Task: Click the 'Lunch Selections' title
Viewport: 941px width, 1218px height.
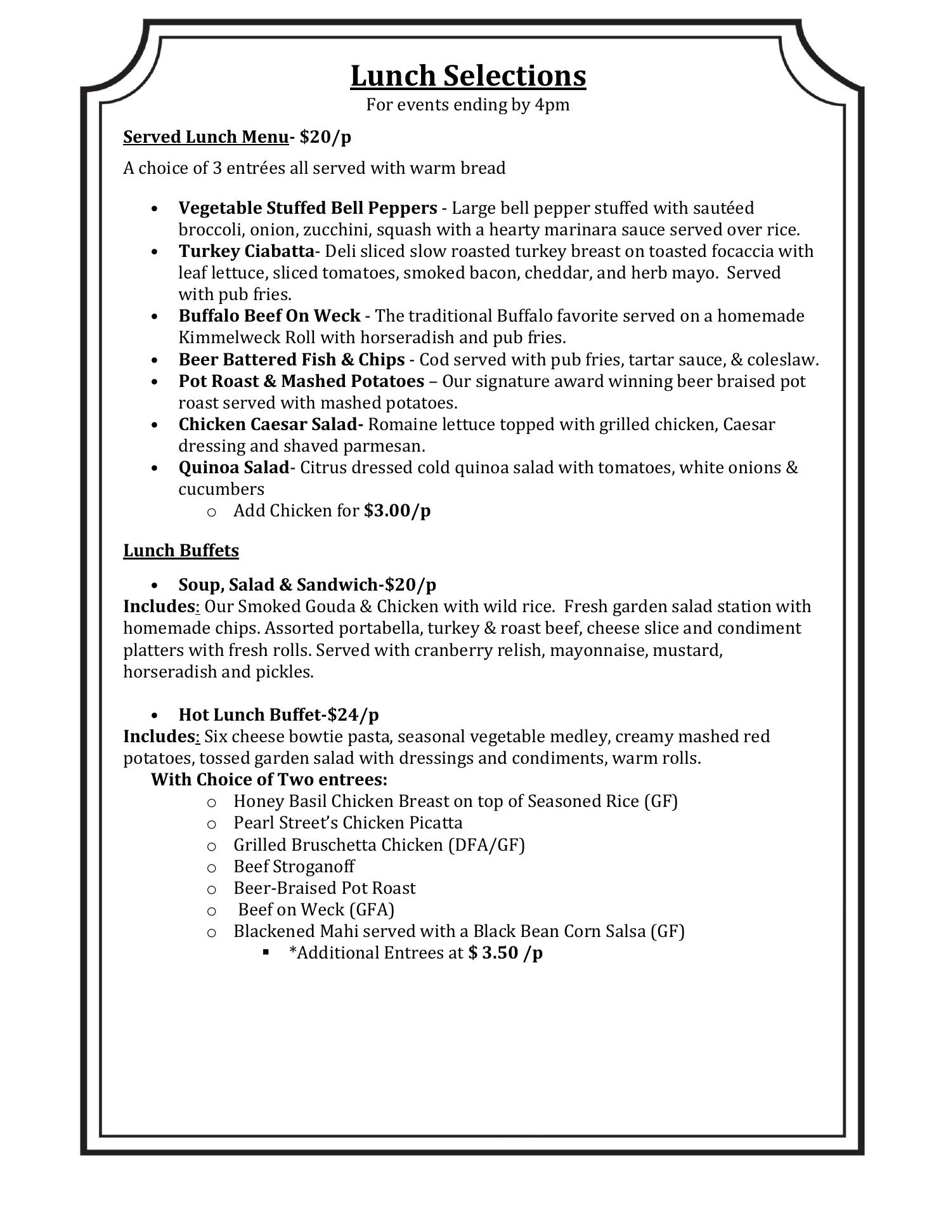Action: [x=468, y=76]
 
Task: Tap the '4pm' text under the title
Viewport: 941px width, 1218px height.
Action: [x=552, y=105]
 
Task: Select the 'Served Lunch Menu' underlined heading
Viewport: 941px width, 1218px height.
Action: [x=205, y=137]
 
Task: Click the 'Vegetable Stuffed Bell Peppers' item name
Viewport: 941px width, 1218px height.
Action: [x=308, y=208]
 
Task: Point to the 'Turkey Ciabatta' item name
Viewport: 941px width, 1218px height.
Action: [x=246, y=251]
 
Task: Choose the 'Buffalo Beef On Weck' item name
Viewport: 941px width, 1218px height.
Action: [x=269, y=316]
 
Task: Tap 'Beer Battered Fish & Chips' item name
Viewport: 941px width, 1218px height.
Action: [x=291, y=360]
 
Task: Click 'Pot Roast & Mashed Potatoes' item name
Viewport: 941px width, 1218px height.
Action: [x=301, y=381]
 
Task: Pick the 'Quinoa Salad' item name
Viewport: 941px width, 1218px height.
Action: [x=233, y=468]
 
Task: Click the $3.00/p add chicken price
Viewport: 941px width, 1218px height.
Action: [x=397, y=511]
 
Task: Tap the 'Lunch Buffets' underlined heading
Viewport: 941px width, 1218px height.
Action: [x=181, y=550]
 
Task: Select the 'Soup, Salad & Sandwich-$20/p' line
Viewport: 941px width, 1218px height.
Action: [x=307, y=584]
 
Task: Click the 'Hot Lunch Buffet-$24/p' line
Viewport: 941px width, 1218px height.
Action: [x=278, y=714]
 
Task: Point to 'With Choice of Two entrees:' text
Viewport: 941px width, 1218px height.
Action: [x=269, y=779]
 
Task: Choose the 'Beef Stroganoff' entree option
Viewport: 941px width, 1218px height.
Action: [x=294, y=867]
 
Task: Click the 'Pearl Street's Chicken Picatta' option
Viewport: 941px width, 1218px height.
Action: [x=347, y=823]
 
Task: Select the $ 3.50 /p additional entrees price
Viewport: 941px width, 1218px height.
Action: [x=505, y=953]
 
